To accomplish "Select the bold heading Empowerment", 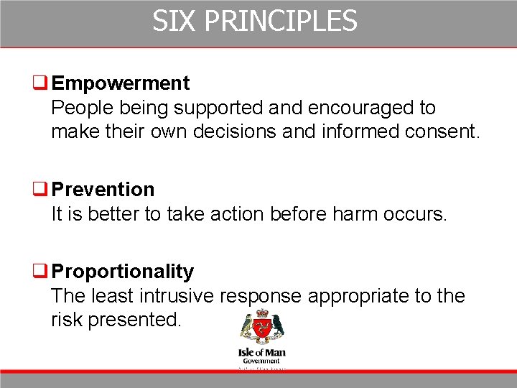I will pos(121,83).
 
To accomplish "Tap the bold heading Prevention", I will pos(103,190).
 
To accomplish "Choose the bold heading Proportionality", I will pos(123,272).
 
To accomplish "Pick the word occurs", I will pos(416,214).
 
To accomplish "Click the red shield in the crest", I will pos(262,331).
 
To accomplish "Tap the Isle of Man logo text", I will pos(261,353).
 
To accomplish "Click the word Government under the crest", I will pos(261,361).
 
